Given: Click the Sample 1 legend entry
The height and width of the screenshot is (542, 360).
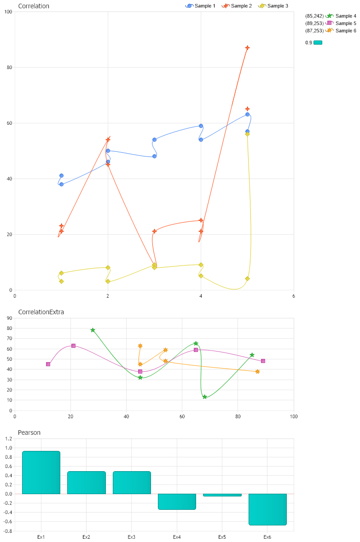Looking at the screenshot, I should coord(200,6).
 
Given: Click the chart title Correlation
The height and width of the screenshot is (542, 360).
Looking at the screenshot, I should coord(34,6).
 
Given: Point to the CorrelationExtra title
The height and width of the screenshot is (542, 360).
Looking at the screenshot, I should coord(41,312).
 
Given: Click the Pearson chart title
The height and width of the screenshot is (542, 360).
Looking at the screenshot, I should coord(29,432).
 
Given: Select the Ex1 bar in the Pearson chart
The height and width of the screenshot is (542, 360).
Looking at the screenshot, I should coord(41,473).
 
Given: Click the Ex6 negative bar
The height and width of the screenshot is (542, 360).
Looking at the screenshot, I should coord(267,509).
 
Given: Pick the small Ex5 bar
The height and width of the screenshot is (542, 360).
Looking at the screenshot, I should coord(222,495).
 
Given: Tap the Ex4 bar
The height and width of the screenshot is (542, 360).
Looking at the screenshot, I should coord(177,502).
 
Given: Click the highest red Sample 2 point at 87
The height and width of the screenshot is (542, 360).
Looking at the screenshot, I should coord(247,48).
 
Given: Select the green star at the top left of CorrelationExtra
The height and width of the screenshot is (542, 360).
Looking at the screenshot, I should coord(93,330).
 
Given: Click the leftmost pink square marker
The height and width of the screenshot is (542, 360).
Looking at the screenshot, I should coord(48,364).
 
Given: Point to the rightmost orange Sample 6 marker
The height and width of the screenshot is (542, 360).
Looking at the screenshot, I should coord(257,371).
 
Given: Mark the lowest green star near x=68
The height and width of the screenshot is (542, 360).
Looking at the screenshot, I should coord(204,397).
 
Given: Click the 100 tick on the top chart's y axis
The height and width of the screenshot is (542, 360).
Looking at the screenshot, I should coord(8,12).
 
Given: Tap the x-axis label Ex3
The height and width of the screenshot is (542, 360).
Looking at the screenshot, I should coord(132,537).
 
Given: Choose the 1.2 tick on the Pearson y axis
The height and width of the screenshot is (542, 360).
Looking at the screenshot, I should coord(8,438).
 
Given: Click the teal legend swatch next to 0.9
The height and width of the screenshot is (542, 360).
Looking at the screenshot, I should coord(318,43).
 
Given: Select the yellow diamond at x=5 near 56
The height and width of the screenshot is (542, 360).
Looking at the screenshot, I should coord(247,134).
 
